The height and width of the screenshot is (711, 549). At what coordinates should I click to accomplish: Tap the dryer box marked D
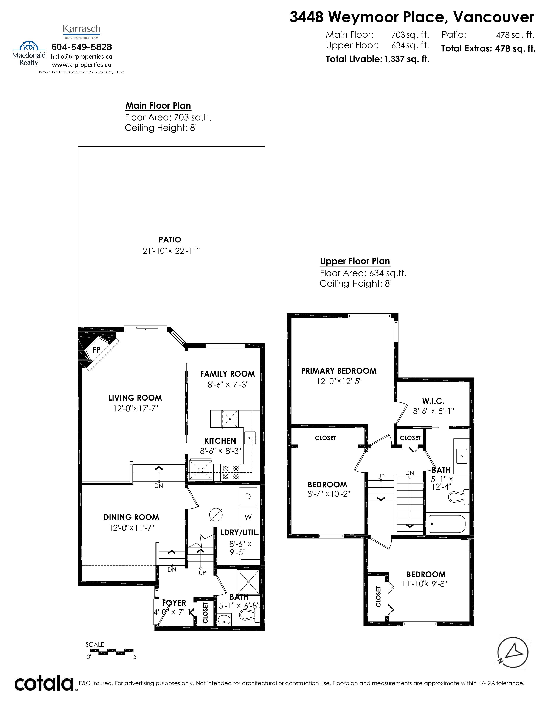click(248, 496)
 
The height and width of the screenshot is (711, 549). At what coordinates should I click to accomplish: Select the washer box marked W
click(248, 517)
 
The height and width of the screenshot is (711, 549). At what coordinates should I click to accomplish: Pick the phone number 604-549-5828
click(82, 47)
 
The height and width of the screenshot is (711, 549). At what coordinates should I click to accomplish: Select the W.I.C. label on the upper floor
click(433, 401)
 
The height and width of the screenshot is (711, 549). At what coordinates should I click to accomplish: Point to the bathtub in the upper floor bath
click(447, 524)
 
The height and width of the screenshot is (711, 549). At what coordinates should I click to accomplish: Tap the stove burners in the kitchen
click(231, 472)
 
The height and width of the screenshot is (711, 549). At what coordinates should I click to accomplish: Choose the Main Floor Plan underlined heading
click(158, 106)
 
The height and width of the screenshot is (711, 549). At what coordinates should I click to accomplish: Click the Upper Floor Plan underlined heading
click(355, 261)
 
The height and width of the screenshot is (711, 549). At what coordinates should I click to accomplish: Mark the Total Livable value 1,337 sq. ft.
click(406, 59)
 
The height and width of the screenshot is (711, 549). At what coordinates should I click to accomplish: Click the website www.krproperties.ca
click(82, 65)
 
